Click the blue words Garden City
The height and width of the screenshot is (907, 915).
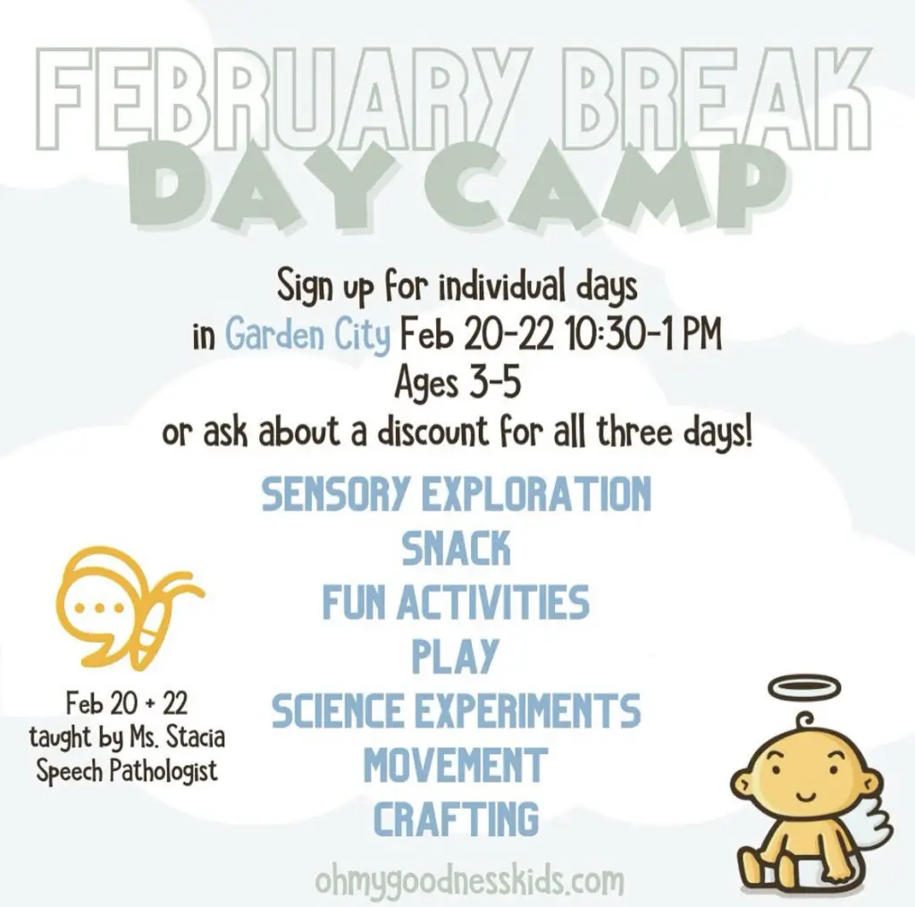click(307, 335)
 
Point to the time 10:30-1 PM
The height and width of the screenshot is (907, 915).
click(644, 334)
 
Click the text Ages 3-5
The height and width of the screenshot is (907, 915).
click(457, 383)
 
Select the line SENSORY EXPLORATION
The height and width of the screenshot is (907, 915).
click(457, 494)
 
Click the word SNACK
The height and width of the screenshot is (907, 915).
click(457, 548)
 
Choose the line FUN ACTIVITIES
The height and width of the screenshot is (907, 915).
click(457, 602)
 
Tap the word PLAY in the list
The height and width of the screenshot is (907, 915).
click(456, 657)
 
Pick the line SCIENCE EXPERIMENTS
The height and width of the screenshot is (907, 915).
click(457, 710)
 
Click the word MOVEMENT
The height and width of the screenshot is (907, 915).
click(456, 765)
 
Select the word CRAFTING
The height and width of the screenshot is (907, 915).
click(457, 819)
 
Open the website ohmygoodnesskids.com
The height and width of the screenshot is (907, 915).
click(470, 881)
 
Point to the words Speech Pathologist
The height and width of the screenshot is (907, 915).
click(127, 771)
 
